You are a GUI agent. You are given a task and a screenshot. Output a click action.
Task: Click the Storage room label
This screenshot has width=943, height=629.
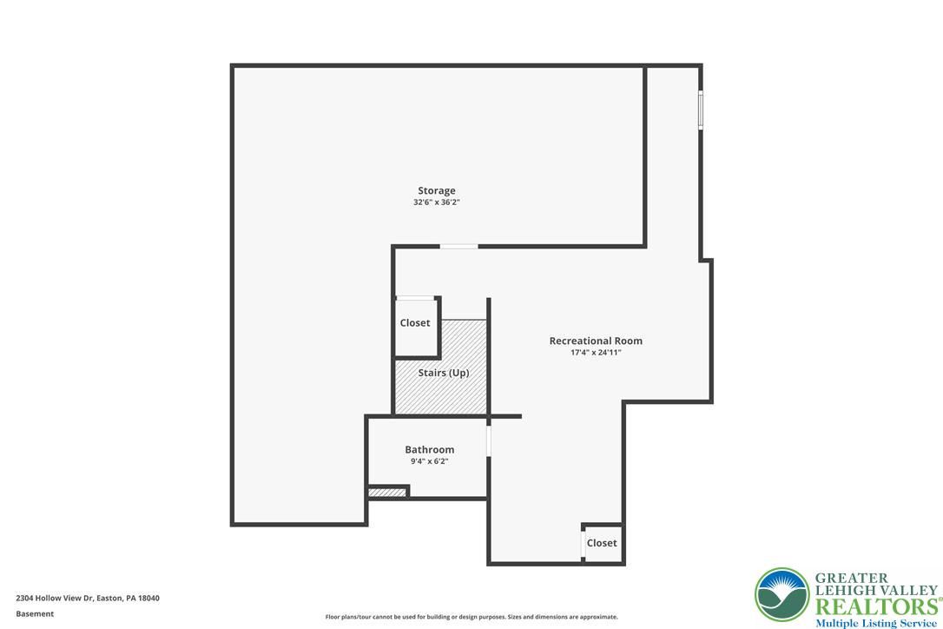coord(437,191)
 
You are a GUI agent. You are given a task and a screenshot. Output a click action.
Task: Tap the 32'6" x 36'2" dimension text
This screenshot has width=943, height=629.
coord(437,202)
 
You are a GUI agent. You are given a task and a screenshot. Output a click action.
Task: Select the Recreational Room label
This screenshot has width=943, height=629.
coord(596,341)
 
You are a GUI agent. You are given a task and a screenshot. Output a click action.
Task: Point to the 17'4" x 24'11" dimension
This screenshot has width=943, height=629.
coord(596,353)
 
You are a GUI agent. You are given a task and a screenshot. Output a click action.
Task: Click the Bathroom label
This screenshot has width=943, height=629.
coord(430,450)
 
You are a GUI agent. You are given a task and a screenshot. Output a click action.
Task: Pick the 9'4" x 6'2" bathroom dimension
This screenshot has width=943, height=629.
coord(430,461)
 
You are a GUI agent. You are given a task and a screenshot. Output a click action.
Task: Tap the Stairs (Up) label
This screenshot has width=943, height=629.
coord(444,374)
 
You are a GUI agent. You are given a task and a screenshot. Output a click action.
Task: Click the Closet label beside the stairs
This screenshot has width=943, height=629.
coord(415,323)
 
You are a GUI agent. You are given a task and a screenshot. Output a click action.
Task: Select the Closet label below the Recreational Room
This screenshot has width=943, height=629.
coord(602,543)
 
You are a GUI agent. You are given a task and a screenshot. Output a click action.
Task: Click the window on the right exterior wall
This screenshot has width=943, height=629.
coord(701,109)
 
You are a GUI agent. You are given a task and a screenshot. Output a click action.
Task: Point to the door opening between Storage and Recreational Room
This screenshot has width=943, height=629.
coord(458,246)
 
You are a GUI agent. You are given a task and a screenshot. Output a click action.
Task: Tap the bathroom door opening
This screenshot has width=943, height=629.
coord(488,440)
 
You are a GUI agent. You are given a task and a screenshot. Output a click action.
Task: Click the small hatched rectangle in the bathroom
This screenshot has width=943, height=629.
coord(386,493)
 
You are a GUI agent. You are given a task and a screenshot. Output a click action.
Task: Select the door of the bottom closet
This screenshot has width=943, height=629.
coord(583,545)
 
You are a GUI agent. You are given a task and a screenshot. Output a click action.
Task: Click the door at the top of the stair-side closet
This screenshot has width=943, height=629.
coord(415,298)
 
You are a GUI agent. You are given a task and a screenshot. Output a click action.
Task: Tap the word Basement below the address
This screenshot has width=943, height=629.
coord(35,614)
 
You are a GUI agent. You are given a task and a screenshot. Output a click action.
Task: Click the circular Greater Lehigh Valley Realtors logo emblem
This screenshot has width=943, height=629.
coord(782,595)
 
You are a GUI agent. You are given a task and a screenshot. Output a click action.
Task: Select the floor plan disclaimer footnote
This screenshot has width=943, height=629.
coord(471,617)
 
